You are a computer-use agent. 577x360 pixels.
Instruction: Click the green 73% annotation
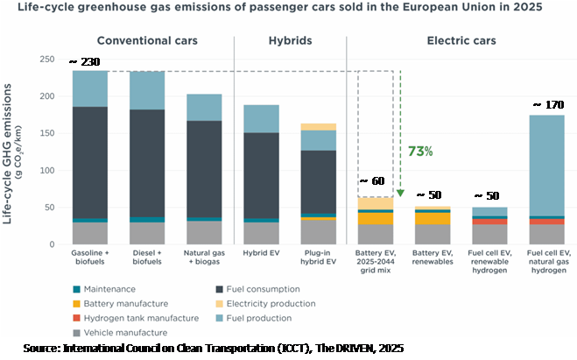click(420, 151)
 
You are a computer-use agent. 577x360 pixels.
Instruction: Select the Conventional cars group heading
click(147, 41)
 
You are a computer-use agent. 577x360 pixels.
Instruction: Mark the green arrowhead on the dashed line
click(399, 192)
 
